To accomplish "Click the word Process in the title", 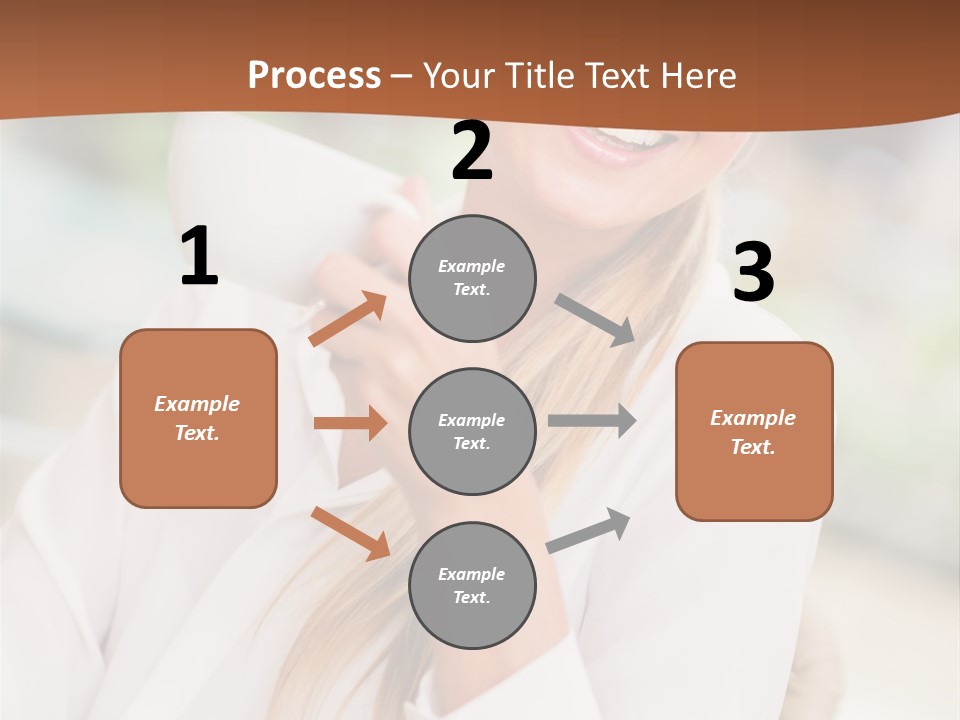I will (314, 76).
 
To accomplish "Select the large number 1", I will (199, 257).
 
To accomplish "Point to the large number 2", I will (472, 152).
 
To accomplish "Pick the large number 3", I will (753, 273).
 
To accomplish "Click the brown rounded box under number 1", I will (198, 418).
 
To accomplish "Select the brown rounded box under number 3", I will (754, 432).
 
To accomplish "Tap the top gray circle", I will (472, 278).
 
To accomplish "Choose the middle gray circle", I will (472, 432).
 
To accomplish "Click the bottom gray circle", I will (472, 586).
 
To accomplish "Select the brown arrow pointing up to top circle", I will (348, 319).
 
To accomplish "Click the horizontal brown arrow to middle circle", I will (350, 423).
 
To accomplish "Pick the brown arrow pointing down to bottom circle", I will (350, 532).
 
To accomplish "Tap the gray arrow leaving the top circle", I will (595, 320).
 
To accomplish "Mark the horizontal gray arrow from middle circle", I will (592, 421).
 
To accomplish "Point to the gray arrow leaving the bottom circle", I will (588, 530).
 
